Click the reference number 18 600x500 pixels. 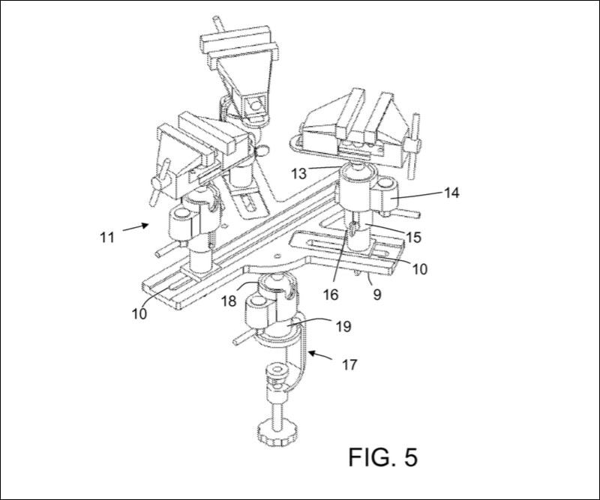(x=229, y=301)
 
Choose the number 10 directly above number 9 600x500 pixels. (x=419, y=268)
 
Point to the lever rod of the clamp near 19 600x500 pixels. (x=244, y=337)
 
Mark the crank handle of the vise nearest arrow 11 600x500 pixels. (x=156, y=188)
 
